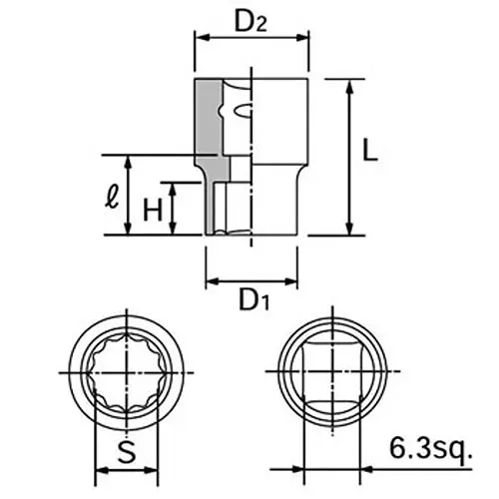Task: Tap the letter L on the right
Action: (369, 152)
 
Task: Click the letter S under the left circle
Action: (126, 452)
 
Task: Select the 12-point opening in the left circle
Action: (126, 372)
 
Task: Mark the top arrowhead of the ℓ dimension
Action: (128, 160)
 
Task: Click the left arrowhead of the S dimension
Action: (97, 470)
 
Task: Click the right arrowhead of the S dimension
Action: (154, 470)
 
